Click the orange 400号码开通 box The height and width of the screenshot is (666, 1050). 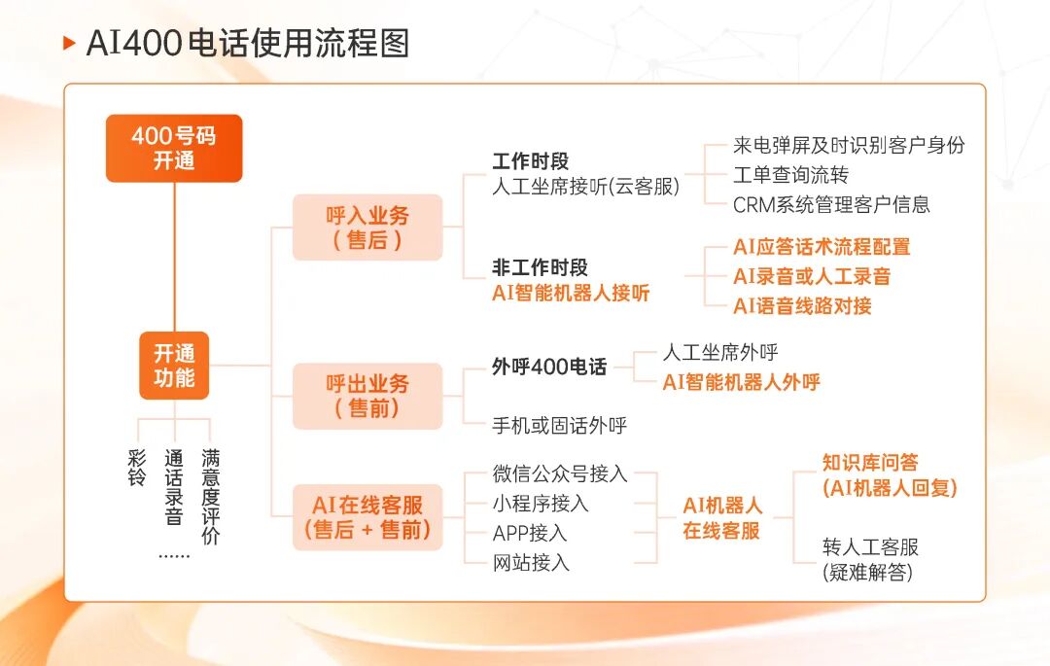tap(174, 149)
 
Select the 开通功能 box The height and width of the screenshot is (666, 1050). tap(174, 366)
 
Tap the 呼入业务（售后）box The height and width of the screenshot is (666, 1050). tap(367, 228)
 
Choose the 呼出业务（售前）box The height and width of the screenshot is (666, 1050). tap(367, 397)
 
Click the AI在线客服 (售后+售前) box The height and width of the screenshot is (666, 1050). tap(367, 517)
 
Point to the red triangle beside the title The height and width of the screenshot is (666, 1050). tap(69, 44)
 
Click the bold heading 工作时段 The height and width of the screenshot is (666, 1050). tap(531, 161)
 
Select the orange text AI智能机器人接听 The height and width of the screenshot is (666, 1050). tap(571, 294)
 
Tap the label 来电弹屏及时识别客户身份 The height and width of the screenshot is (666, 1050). tap(849, 145)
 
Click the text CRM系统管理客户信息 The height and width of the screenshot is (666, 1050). tap(831, 204)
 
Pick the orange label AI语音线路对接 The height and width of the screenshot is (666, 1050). tap(802, 306)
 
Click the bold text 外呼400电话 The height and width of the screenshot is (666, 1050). tap(549, 367)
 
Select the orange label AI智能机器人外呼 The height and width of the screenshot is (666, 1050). tap(741, 382)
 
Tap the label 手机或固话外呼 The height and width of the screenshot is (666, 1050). tap(560, 425)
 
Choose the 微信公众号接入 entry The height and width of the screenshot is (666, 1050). tap(560, 473)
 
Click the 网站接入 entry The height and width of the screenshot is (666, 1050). tap(531, 563)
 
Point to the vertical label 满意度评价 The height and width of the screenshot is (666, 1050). tap(210, 497)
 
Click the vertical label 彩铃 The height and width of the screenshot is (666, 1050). tap(137, 468)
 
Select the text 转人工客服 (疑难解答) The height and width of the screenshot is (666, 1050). tap(870, 560)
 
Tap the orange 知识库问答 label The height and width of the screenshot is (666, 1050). tap(870, 463)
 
